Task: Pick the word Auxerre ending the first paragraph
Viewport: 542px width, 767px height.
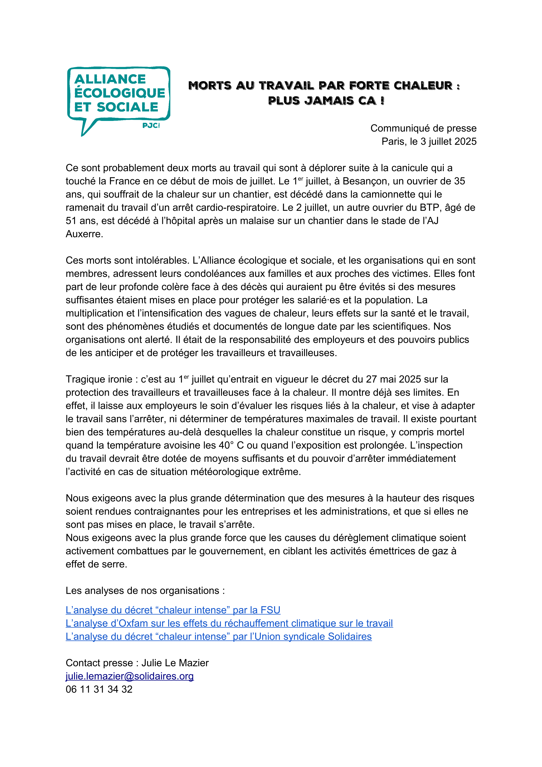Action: tap(84, 234)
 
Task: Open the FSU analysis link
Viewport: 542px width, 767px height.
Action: tap(173, 610)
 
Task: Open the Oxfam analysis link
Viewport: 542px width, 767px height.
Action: tap(229, 623)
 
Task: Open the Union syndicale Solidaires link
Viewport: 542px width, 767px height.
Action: tap(218, 636)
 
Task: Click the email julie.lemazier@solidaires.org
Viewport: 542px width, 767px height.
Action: tap(130, 676)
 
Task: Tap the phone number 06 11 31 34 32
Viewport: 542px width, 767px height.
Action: tap(99, 689)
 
